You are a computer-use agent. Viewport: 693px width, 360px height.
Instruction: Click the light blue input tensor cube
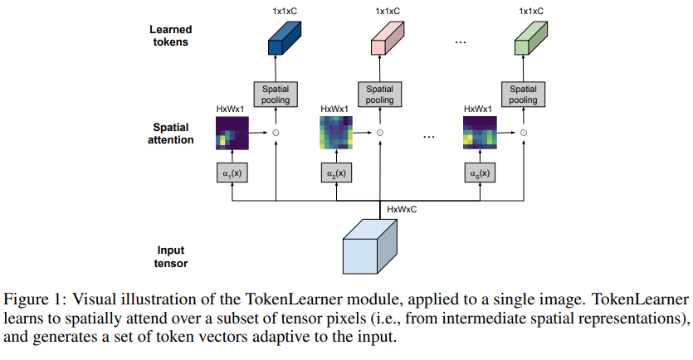(370, 246)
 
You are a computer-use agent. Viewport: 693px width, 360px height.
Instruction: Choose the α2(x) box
(336, 173)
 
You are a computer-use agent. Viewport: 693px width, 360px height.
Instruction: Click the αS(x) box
(479, 173)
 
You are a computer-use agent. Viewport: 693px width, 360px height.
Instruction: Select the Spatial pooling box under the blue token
(276, 94)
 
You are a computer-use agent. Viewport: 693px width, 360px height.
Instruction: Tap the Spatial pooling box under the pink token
(380, 94)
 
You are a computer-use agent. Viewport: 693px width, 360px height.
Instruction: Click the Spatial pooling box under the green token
(523, 94)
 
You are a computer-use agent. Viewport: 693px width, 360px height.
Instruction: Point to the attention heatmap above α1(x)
(232, 132)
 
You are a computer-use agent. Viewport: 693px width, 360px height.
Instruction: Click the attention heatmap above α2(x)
(337, 132)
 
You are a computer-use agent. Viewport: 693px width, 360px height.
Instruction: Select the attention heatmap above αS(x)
(480, 132)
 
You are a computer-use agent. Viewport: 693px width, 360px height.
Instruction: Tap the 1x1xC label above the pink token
(387, 11)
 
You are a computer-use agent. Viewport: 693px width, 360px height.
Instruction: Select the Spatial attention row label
(171, 134)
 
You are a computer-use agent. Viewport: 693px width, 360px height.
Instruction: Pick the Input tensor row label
(172, 257)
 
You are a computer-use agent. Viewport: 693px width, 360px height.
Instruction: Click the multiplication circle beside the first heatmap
(276, 132)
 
